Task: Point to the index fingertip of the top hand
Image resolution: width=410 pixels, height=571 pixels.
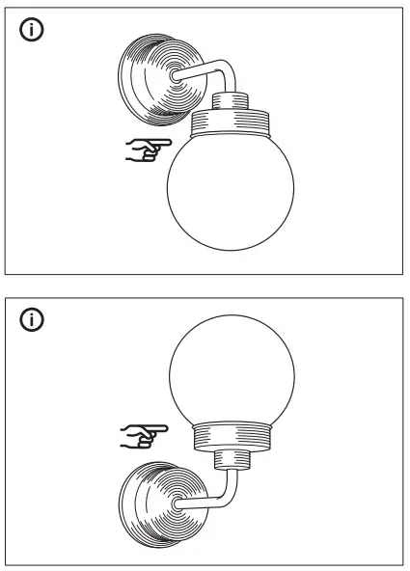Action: click(169, 144)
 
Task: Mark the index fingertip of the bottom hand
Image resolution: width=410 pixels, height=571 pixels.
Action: click(169, 428)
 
